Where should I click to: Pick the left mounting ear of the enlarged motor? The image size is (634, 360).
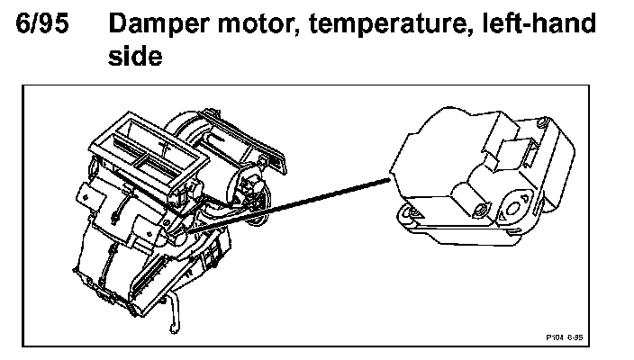[409, 213]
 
